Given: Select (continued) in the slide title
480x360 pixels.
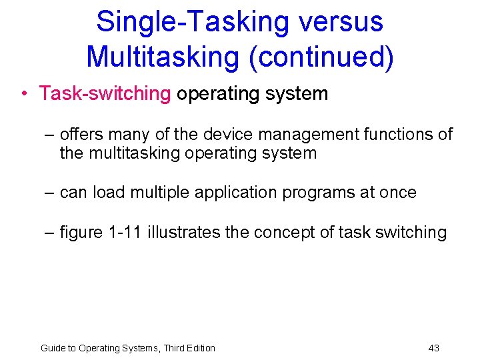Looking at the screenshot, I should point(321,56).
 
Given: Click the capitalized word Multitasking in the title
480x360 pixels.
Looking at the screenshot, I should point(163,56).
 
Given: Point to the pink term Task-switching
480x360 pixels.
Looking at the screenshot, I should point(105,93).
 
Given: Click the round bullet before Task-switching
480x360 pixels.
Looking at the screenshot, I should point(24,94).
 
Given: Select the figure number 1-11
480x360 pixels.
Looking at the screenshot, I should point(125,233).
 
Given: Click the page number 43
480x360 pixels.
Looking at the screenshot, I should point(433,348).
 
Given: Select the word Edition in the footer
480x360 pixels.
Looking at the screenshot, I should point(199,348).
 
